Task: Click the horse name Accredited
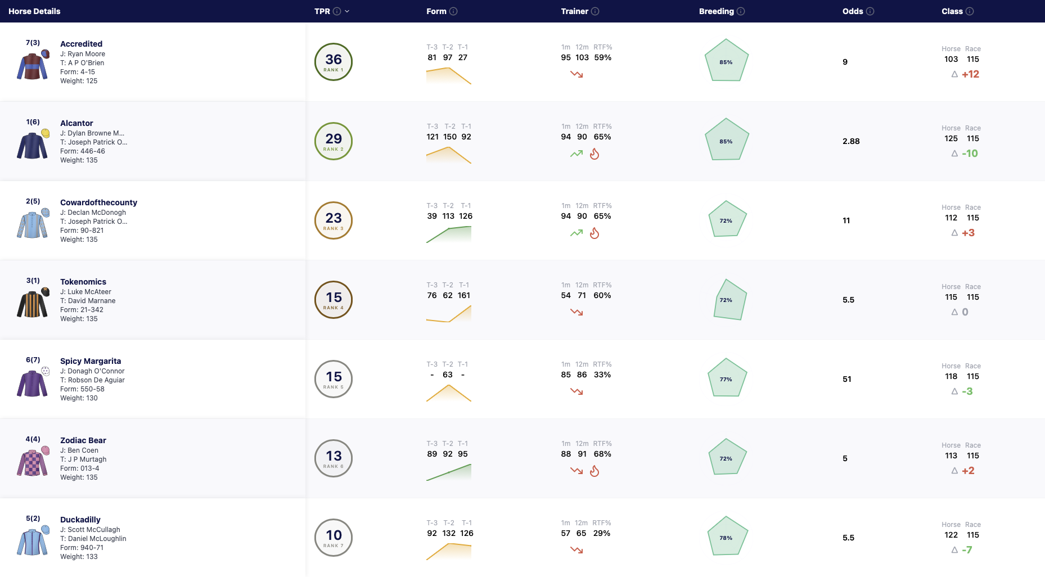[81, 44]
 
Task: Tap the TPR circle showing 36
[334, 62]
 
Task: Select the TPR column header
[322, 11]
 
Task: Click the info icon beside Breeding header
[741, 11]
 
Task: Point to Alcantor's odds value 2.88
[851, 141]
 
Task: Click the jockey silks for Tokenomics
[33, 304]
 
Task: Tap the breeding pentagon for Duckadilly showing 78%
[726, 536]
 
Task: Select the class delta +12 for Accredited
[971, 74]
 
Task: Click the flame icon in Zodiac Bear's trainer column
[594, 471]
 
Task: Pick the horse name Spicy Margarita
[91, 361]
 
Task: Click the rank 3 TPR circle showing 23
[334, 220]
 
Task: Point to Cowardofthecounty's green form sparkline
[449, 235]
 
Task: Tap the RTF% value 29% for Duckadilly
[602, 533]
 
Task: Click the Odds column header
[853, 11]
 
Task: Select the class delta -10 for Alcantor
[970, 154]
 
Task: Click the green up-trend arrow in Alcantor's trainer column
[576, 154]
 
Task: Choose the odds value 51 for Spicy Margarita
[847, 379]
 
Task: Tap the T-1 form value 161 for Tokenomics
[464, 295]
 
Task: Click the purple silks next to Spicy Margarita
[33, 383]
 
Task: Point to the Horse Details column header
[34, 11]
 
